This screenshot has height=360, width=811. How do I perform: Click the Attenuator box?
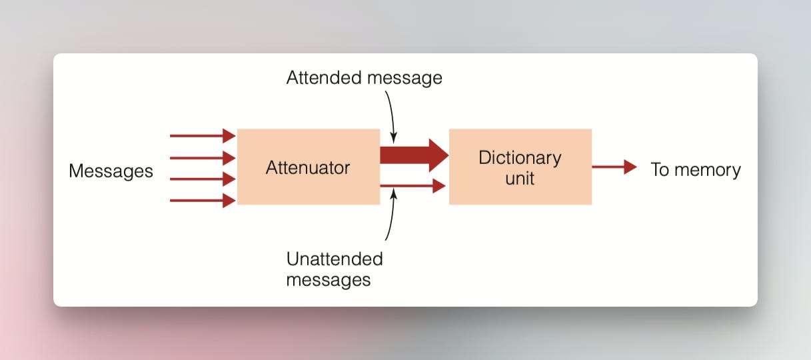308,167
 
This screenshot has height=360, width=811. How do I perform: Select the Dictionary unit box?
520,167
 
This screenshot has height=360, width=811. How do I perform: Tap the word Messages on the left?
111,171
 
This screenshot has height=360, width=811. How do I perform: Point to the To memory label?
695,169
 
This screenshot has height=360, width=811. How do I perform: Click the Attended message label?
364,78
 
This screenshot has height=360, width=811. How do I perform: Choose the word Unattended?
335,259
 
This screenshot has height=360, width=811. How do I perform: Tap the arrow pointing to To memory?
614,167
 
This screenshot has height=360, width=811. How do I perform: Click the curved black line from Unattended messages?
391,217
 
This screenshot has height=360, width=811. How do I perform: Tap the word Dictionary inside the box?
520,158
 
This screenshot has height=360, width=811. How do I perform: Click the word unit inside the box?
520,178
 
